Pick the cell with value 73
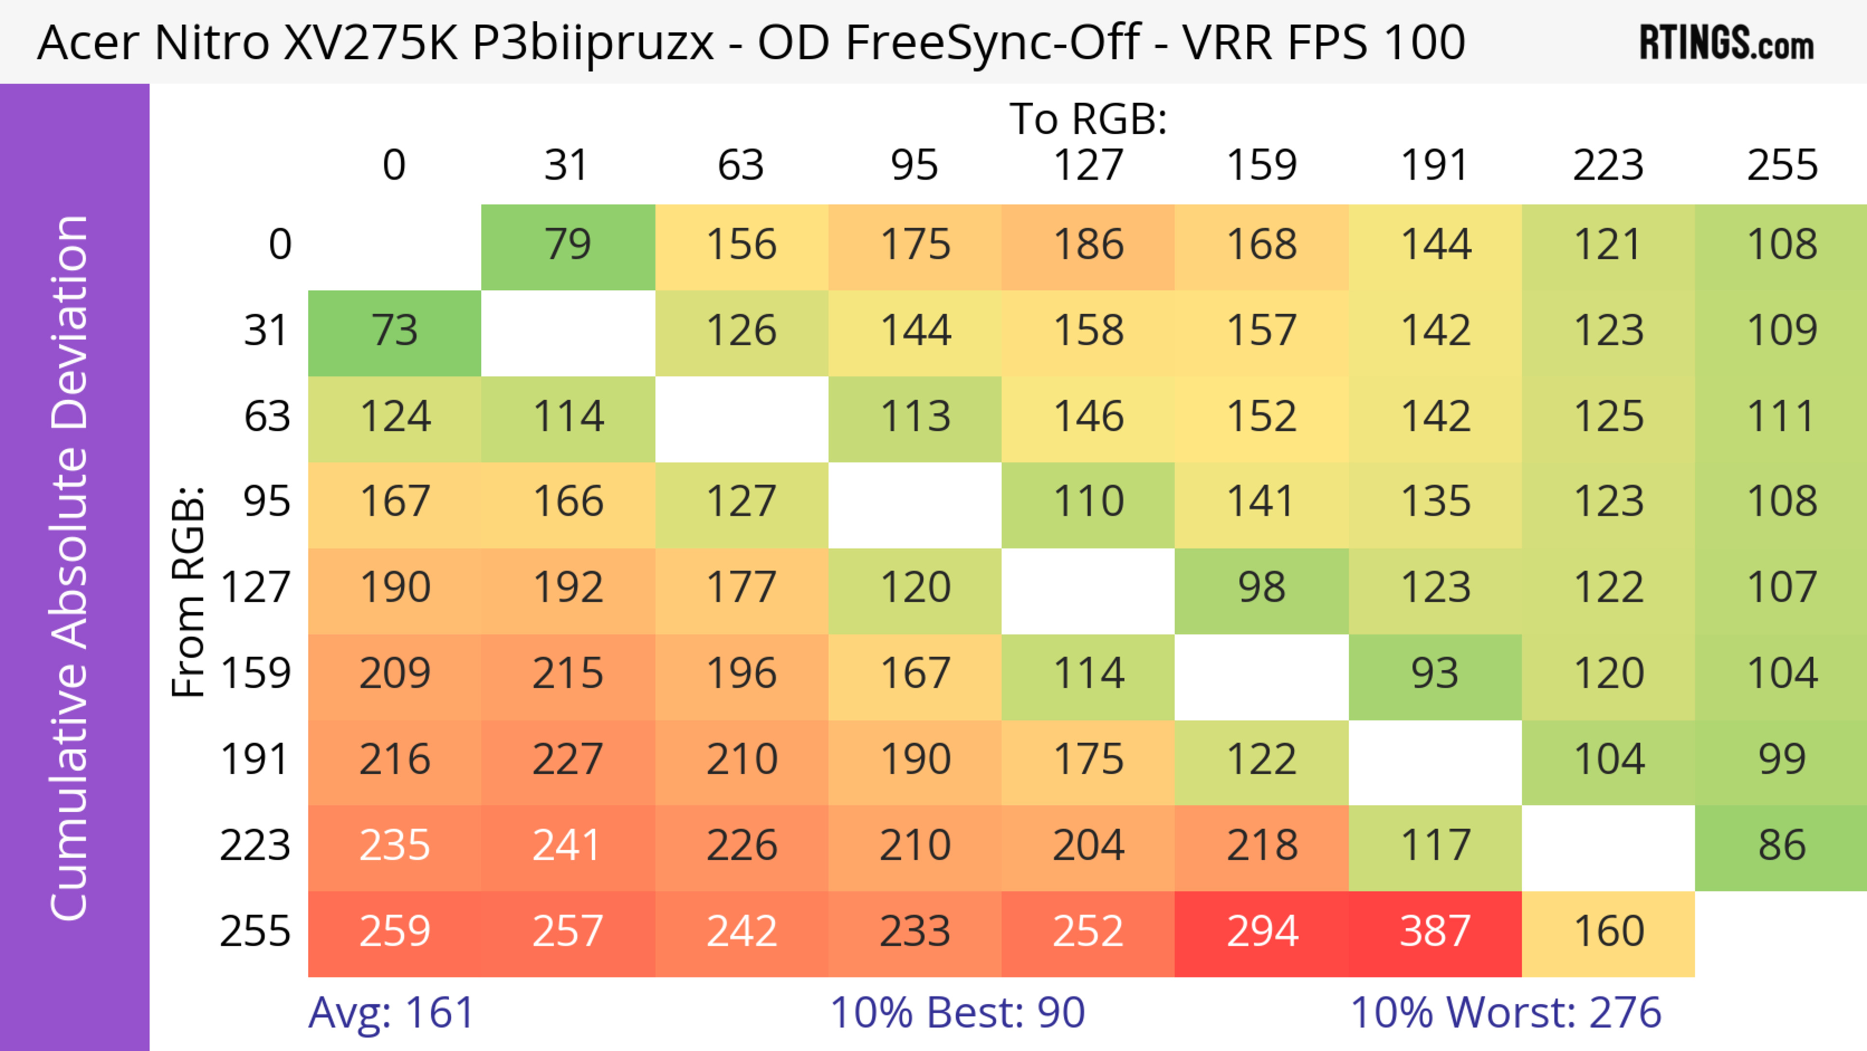pyautogui.click(x=394, y=331)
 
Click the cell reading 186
pyautogui.click(x=1088, y=245)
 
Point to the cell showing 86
pyautogui.click(x=1781, y=846)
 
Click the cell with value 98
pyautogui.click(x=1261, y=588)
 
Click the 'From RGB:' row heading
pyautogui.click(x=189, y=591)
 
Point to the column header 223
pyautogui.click(x=1608, y=166)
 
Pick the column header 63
pyautogui.click(x=740, y=166)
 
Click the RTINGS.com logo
pyautogui.click(x=1726, y=43)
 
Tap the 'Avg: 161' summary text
pyautogui.click(x=391, y=1013)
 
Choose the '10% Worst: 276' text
pyautogui.click(x=1505, y=1013)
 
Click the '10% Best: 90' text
pyautogui.click(x=957, y=1013)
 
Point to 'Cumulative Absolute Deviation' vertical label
pyautogui.click(x=70, y=568)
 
